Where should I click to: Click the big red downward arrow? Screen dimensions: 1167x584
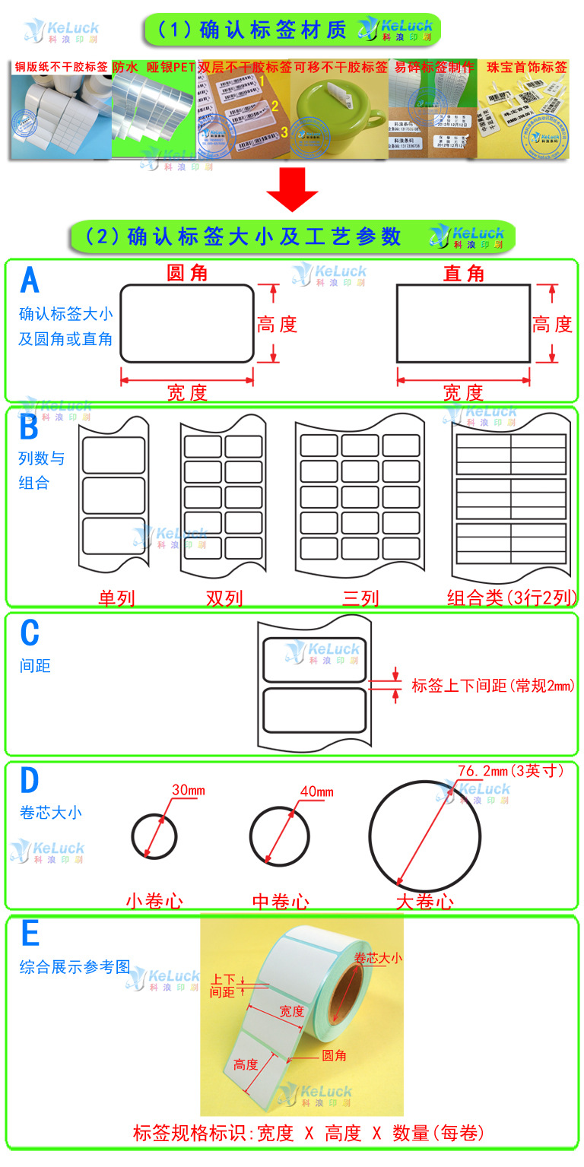pos(292,189)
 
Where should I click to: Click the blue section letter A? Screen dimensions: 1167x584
pos(30,280)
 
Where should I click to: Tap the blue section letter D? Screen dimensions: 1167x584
pos(29,781)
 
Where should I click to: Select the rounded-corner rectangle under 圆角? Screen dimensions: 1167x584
pos(187,324)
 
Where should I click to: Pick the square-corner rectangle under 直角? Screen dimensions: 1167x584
pos(463,324)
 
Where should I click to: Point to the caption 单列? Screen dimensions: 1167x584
pos(116,598)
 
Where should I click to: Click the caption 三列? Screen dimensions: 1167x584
pos(360,598)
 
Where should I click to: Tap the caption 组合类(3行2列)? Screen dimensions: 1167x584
pos(511,598)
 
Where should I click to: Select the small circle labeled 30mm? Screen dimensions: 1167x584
pos(154,837)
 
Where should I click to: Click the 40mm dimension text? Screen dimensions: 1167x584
pos(316,791)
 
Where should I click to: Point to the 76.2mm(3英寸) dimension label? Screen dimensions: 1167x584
pos(510,771)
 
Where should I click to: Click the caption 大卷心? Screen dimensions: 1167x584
pos(424,902)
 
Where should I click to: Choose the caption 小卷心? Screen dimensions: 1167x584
pos(154,902)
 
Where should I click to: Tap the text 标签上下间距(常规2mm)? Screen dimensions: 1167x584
pos(493,686)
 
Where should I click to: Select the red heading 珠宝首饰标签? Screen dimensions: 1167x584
pos(527,67)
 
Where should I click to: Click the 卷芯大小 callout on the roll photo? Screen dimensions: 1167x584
pos(378,959)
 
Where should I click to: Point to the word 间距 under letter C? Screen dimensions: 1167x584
pos(35,666)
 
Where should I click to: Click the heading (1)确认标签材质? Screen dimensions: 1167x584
pos(251,30)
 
